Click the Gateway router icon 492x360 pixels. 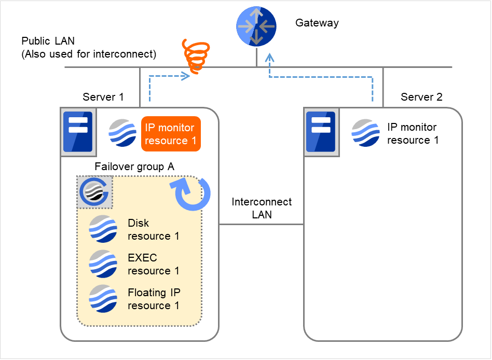pos(257,25)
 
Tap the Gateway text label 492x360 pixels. pos(317,23)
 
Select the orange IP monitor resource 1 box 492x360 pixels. pos(171,134)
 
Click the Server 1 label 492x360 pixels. pos(103,97)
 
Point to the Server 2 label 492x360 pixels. pos(421,97)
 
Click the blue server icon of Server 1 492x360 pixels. pos(77,132)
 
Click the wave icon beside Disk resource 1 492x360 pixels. pos(103,229)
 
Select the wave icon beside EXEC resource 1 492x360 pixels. pos(103,264)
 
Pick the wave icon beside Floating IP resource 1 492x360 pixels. pos(103,299)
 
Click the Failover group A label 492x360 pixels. pos(134,167)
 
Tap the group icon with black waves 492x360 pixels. pos(94,192)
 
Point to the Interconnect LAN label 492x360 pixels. pos(262,208)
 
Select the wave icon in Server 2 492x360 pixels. pos(366,133)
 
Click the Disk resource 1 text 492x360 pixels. pos(154,229)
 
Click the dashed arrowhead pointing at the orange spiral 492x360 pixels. pos(185,76)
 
